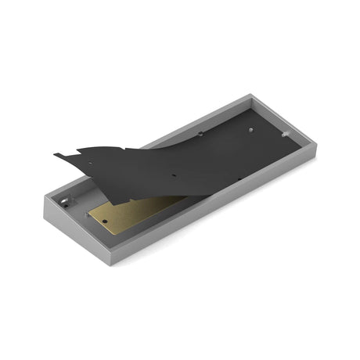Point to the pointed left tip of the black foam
click(56, 154)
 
